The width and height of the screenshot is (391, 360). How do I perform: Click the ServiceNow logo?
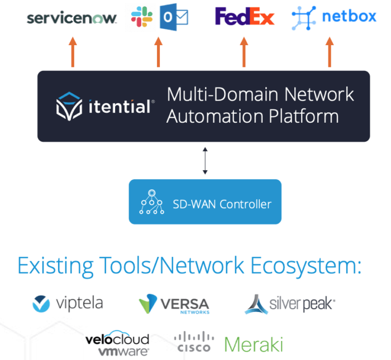[72, 18]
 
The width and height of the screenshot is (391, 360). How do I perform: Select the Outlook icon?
[174, 17]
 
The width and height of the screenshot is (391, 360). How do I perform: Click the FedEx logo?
[245, 17]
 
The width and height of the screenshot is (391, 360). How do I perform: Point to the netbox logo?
[333, 17]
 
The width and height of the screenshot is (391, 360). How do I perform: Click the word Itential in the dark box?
[120, 107]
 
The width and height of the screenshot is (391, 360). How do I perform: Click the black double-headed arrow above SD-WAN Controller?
[205, 161]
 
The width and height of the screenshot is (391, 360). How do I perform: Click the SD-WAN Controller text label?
[222, 204]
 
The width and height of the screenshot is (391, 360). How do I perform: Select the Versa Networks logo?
[174, 305]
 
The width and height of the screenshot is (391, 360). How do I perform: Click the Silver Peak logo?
[289, 304]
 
